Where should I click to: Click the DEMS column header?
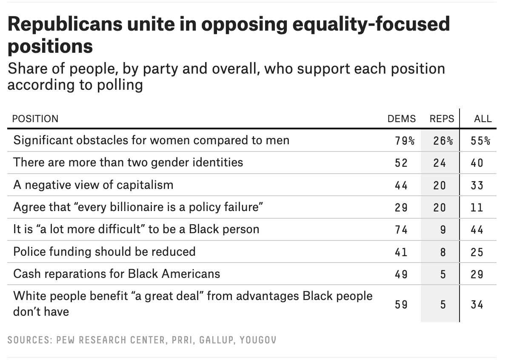tap(401, 119)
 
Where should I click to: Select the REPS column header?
tap(442, 119)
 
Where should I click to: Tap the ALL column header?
tap(483, 119)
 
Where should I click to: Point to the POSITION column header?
tap(35, 119)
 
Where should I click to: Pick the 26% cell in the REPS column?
tap(443, 141)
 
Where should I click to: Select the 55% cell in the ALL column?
tap(480, 141)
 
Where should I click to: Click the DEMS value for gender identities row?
tap(401, 163)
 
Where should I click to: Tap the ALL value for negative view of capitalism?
tap(477, 185)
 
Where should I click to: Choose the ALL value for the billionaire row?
tap(477, 207)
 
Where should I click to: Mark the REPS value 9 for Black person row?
tap(443, 229)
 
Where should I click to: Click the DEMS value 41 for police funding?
tap(401, 251)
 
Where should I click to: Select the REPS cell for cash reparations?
tap(443, 274)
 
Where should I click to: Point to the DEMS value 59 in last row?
tap(401, 304)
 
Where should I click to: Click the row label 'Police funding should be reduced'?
tap(104, 251)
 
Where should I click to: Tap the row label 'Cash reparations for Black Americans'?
tap(117, 273)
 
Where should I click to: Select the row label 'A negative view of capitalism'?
tap(93, 185)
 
